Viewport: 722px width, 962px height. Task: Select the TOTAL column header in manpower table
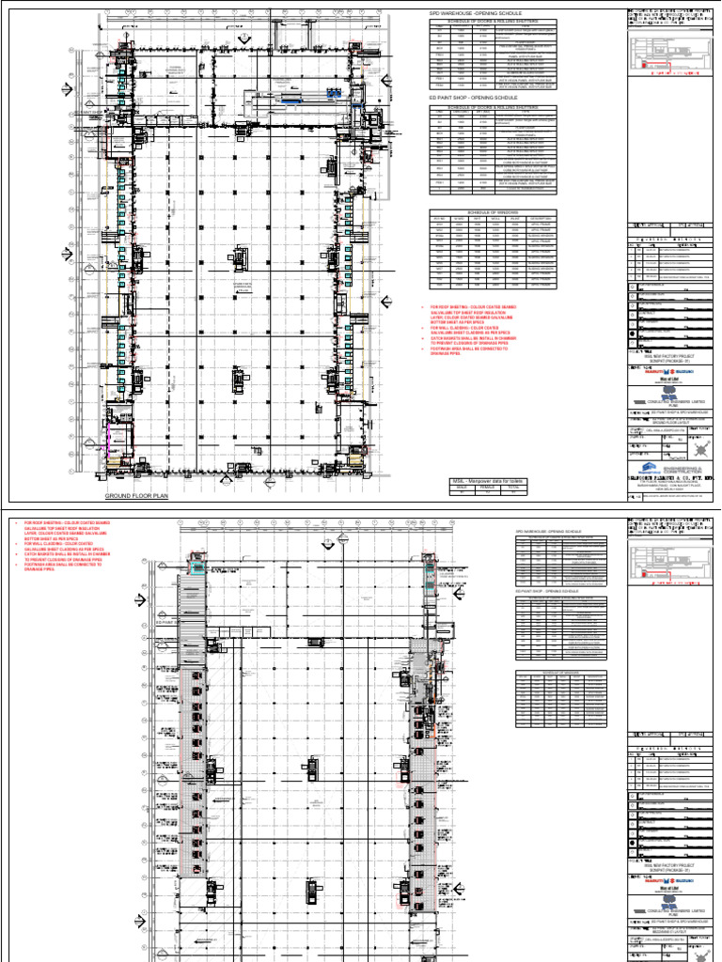513,488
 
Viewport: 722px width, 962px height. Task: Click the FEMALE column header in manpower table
488,488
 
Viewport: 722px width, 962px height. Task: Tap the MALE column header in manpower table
462,488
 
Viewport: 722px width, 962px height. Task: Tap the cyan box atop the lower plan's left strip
196,566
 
